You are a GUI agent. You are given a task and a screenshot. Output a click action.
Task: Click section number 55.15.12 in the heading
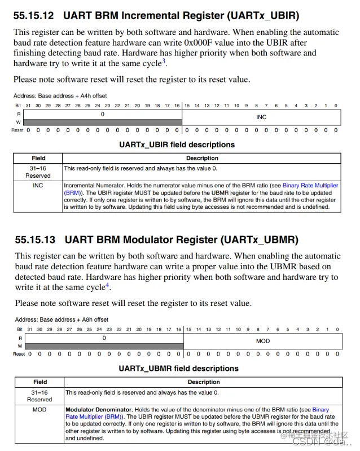point(35,15)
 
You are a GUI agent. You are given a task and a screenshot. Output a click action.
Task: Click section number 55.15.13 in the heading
point(36,240)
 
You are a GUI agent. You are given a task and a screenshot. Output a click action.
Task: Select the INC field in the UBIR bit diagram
point(261,117)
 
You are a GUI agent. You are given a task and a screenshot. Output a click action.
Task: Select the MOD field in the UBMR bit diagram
point(263,341)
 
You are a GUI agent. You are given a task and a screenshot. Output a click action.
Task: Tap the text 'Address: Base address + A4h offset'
point(60,95)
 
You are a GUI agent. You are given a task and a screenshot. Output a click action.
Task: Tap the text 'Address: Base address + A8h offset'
point(62,319)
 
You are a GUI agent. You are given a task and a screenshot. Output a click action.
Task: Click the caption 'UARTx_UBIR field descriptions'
point(177,145)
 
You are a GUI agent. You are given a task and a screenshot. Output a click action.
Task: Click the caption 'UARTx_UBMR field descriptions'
point(178,369)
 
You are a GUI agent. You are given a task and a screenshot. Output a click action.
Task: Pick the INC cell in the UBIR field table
point(38,185)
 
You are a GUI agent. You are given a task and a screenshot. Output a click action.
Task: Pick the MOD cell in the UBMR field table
point(39,409)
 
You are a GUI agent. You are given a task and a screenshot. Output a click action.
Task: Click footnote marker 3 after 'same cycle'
point(164,61)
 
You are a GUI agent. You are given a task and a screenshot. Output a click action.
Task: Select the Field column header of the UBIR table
point(38,158)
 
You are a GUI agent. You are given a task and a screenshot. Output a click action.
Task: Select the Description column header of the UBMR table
point(204,382)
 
